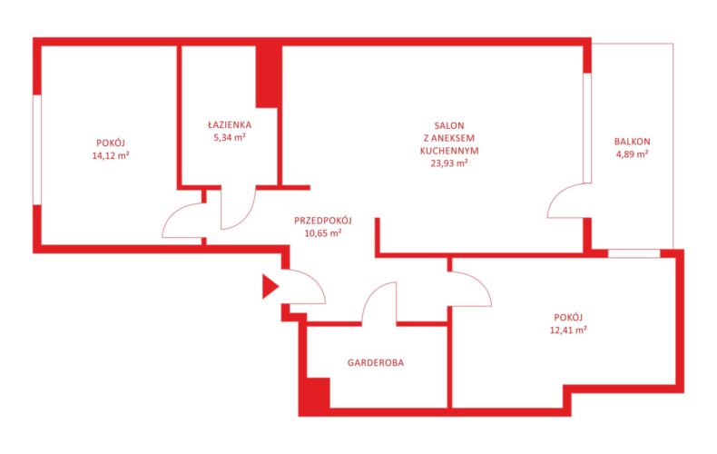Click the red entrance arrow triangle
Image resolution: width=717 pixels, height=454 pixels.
point(269,287)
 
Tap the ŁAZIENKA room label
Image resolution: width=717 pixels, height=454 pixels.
point(230,124)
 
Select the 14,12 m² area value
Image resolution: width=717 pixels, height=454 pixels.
point(111,155)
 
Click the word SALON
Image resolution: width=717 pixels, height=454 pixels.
point(449,125)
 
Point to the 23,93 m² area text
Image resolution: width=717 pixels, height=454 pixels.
point(449,163)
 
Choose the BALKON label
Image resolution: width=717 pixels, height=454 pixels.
point(632,142)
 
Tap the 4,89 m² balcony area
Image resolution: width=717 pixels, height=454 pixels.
point(632,154)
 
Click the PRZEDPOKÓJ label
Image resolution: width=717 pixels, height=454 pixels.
point(323,220)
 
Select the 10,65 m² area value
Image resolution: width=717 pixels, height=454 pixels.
point(323,233)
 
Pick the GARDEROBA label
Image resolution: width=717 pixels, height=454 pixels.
point(376,363)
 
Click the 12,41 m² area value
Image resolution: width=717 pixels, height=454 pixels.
point(568,330)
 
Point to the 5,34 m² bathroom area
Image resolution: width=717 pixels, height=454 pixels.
point(230,137)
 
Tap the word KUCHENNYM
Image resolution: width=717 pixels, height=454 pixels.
point(449,151)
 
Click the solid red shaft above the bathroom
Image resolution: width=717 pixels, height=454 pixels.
point(267,76)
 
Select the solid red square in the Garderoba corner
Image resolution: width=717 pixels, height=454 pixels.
point(318,392)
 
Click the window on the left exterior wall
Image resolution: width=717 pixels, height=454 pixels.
point(37,150)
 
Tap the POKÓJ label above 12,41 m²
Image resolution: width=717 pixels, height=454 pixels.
point(568,317)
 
